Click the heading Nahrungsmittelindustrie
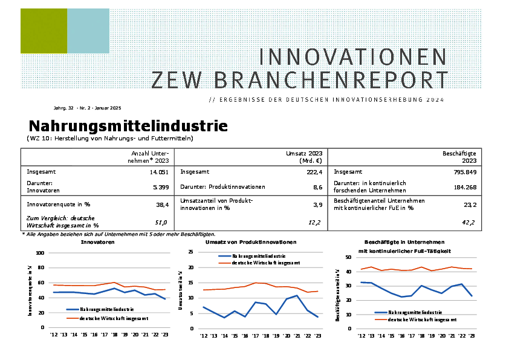pyautogui.click(x=128, y=126)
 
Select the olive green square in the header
pyautogui.click(x=44, y=31)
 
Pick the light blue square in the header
pyautogui.click(x=88, y=31)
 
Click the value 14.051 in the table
pyautogui.click(x=159, y=172)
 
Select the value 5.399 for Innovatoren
pyautogui.click(x=161, y=187)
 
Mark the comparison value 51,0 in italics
pyautogui.click(x=161, y=223)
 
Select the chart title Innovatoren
pyautogui.click(x=98, y=242)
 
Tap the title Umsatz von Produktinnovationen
pyautogui.click(x=251, y=242)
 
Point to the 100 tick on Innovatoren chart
pyautogui.click(x=40, y=253)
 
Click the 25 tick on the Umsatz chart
pyautogui.click(x=190, y=253)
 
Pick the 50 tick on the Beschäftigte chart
pyautogui.click(x=348, y=257)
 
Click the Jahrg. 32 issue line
pyautogui.click(x=87, y=108)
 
